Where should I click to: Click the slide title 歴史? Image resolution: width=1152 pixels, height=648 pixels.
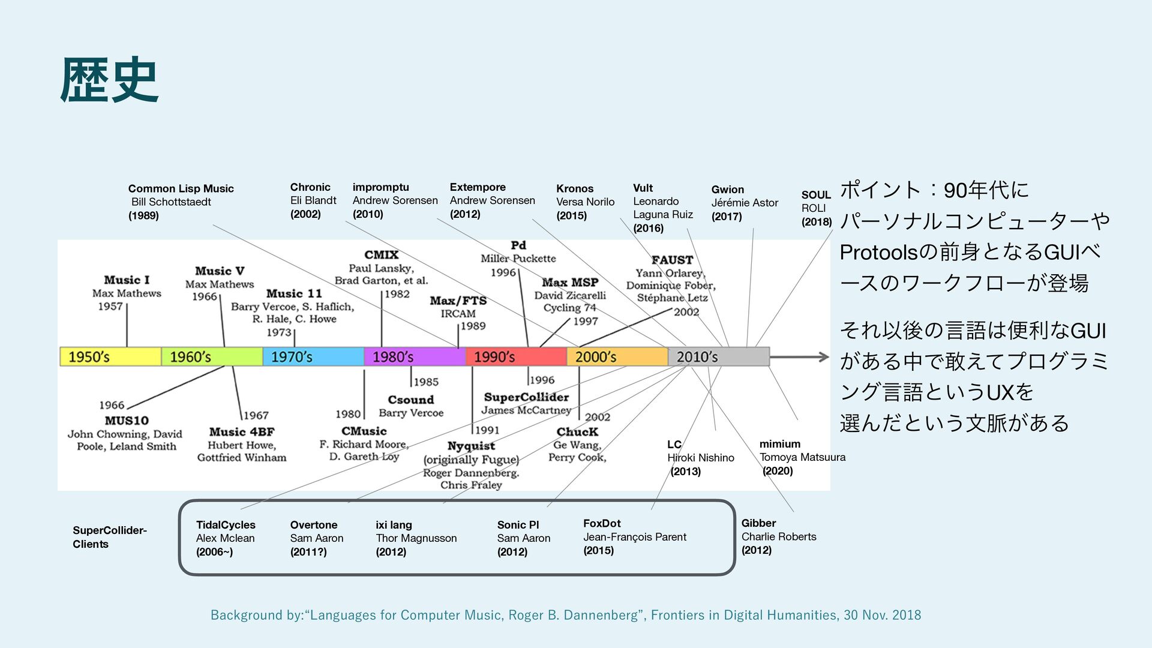(109, 80)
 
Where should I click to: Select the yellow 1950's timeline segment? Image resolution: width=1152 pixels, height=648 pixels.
(110, 357)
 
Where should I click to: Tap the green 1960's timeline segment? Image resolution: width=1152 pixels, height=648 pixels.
(212, 357)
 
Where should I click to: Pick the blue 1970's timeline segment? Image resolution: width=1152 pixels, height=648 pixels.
(313, 357)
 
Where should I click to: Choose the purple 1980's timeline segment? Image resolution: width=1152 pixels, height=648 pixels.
(415, 357)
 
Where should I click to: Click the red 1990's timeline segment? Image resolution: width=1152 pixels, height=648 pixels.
(516, 357)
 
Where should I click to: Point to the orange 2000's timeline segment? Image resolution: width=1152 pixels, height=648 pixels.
(617, 357)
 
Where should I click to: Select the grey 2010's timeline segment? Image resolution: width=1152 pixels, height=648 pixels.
(718, 357)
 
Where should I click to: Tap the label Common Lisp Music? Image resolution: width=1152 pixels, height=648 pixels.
(181, 188)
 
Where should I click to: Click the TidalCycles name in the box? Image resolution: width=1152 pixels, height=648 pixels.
(226, 525)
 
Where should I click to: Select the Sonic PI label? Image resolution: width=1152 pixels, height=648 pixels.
(518, 525)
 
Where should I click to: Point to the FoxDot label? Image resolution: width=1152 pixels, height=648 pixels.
(602, 523)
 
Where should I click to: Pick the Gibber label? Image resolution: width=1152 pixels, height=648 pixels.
(758, 523)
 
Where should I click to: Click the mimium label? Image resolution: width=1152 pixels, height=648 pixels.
(779, 444)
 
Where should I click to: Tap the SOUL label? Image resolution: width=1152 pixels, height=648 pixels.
(816, 195)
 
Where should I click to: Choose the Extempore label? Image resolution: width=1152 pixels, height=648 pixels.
(478, 187)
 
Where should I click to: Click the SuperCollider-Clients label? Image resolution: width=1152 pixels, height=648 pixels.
(109, 537)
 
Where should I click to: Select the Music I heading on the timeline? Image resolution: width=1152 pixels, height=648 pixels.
(127, 280)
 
